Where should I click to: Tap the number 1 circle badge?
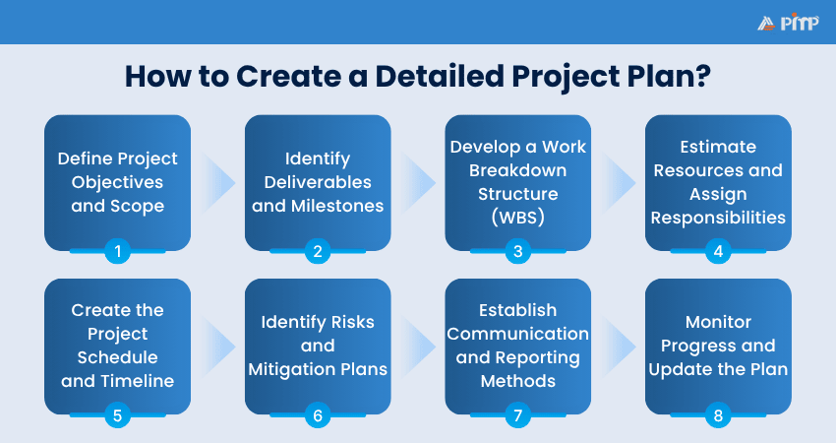tap(117, 251)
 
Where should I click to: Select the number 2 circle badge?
tap(318, 251)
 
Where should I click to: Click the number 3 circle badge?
tap(517, 251)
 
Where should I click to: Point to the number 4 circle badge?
tap(718, 251)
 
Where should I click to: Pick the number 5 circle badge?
tap(117, 414)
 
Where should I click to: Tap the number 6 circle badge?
tap(318, 414)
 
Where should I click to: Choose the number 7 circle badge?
tap(517, 414)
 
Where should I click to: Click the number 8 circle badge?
tap(718, 414)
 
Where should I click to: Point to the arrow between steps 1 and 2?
tap(218, 183)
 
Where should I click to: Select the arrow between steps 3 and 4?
tap(619, 183)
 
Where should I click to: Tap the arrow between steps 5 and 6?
tap(218, 347)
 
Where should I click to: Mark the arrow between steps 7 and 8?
tap(619, 347)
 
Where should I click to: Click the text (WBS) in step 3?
tap(517, 218)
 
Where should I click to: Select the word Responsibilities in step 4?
tap(718, 218)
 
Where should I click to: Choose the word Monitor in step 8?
tap(718, 322)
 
